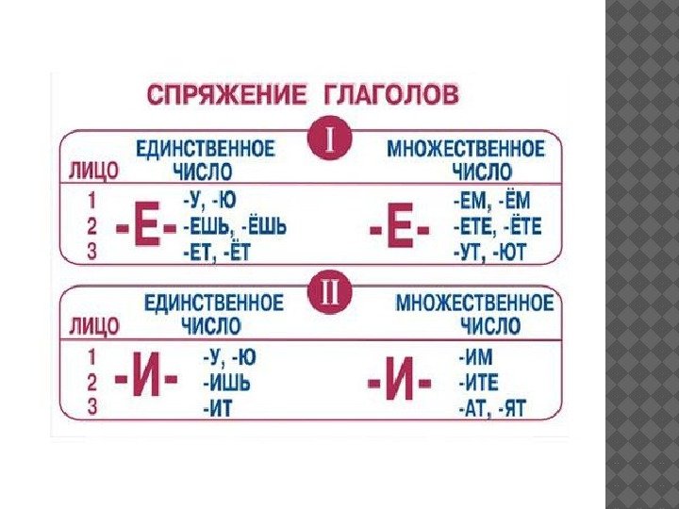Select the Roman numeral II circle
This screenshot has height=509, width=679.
click(330, 290)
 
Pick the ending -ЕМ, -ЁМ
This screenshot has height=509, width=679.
click(490, 202)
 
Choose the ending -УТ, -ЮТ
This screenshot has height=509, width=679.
click(490, 252)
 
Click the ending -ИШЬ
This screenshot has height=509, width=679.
click(231, 383)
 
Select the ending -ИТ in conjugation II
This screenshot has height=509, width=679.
click(219, 407)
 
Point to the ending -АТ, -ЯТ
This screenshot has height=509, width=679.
click(490, 407)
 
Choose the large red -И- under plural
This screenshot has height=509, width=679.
click(398, 384)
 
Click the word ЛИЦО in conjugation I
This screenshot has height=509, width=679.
click(91, 172)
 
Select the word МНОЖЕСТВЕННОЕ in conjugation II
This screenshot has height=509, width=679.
click(474, 304)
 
